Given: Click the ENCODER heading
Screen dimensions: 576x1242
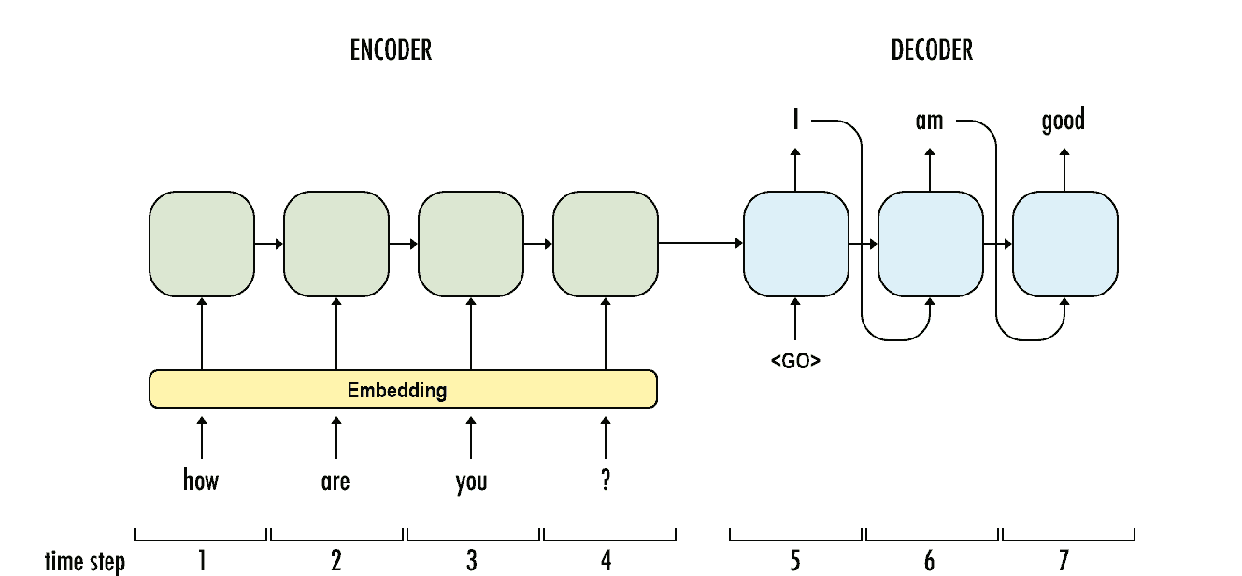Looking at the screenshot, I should coord(391,50).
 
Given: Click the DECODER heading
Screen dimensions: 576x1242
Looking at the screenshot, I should coord(932,50).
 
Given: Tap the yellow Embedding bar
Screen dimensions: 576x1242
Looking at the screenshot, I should coord(403,389).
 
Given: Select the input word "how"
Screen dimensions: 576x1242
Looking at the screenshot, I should coord(201,481).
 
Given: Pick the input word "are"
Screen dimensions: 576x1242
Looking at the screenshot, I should coord(335,482).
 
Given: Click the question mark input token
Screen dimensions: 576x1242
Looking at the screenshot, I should coord(606,481).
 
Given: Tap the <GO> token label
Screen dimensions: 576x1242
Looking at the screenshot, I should coord(795,360).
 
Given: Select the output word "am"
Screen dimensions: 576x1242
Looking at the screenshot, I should coord(929,121).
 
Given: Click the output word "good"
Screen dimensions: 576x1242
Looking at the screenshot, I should coord(1064,121).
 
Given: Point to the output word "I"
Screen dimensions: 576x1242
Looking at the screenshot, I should coord(795,121).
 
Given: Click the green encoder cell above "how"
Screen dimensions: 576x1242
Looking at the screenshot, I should coord(202,243).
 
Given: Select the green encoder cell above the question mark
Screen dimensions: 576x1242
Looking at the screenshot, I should coord(606,243).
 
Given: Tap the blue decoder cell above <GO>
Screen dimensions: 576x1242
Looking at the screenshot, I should coord(796,243).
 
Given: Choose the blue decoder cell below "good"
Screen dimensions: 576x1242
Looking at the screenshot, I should coord(1065,243).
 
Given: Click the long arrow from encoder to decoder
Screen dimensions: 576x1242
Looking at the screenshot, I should coord(701,244).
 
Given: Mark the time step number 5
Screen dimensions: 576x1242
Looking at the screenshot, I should coord(795,560).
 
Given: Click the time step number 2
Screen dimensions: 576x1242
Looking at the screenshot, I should coord(336,560).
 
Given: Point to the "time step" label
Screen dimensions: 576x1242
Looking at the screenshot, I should coord(84,561).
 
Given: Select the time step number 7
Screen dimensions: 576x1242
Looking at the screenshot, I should coord(1064,560).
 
